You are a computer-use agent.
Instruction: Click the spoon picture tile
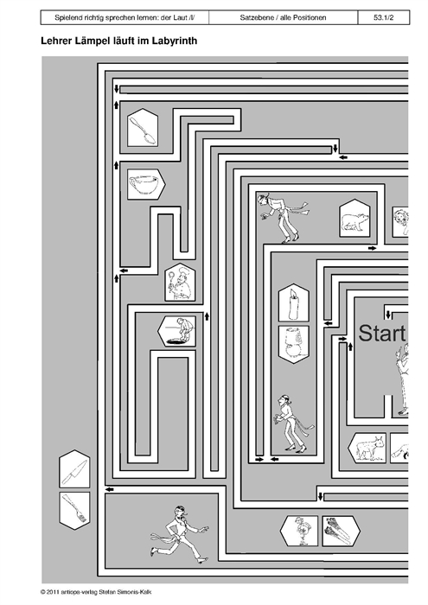[x=143, y=127]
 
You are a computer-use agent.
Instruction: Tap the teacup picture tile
[x=146, y=184]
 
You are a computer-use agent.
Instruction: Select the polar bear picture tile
[x=355, y=219]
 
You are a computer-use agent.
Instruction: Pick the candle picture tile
[x=294, y=302]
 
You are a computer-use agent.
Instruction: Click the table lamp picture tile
[x=294, y=345]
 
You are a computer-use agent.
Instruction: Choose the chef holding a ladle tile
[x=180, y=282]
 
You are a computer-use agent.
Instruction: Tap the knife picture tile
[x=74, y=468]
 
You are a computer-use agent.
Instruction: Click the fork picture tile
[x=74, y=511]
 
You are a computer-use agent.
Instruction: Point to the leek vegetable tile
[x=341, y=531]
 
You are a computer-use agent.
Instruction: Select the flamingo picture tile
[x=299, y=531]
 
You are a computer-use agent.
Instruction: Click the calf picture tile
[x=367, y=448]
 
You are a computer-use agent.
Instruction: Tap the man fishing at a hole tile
[x=176, y=331]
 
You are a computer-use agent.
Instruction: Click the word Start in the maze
[x=382, y=334]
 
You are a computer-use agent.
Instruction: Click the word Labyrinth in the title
[x=175, y=41]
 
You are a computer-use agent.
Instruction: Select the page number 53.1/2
[x=384, y=18]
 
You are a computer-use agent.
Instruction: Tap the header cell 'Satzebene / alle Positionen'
[x=283, y=18]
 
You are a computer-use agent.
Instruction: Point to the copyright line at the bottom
[x=99, y=592]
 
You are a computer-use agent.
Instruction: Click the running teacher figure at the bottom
[x=180, y=534]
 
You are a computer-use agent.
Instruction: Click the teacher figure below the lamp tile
[x=293, y=423]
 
